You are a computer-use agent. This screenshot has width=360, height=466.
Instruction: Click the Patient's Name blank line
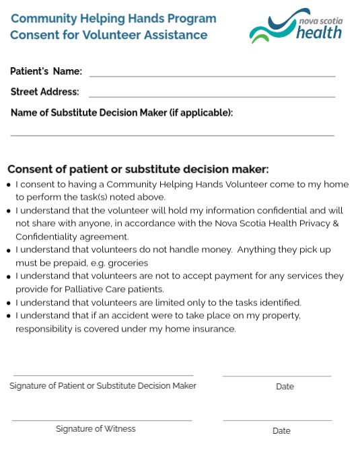[212, 75]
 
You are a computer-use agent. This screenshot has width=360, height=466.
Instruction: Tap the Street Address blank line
[212, 96]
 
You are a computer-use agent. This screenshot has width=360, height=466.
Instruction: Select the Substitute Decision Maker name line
[172, 134]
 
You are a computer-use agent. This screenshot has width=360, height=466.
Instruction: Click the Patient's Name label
[46, 71]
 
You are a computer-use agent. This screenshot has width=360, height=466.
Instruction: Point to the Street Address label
[44, 92]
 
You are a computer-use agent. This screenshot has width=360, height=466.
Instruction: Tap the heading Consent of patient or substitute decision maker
[138, 169]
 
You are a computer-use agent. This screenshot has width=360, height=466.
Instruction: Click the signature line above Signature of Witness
[102, 420]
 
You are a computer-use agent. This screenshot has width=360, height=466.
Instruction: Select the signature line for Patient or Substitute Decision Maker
[103, 375]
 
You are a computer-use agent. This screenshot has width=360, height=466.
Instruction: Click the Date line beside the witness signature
[277, 420]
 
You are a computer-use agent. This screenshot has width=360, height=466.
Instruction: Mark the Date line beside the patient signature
[277, 376]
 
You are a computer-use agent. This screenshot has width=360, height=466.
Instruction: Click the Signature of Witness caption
[96, 429]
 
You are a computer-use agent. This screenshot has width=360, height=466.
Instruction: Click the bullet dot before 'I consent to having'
[9, 185]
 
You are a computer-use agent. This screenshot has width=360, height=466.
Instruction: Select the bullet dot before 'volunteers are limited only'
[9, 303]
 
